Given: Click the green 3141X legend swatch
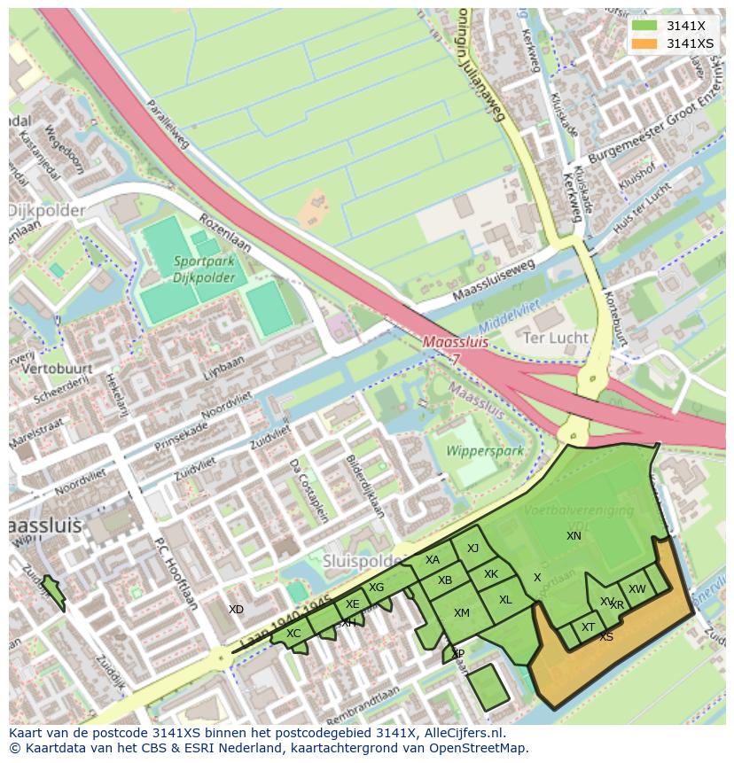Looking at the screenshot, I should click(x=644, y=26).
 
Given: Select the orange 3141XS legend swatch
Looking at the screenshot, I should click(x=644, y=43).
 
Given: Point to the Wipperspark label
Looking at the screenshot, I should click(x=485, y=450).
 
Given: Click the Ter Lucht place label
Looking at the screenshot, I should click(x=556, y=338).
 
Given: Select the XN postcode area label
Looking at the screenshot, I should click(x=574, y=536).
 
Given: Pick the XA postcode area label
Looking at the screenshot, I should click(x=432, y=560).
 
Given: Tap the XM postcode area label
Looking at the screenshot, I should click(x=461, y=613).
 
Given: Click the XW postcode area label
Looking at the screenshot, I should click(x=636, y=589).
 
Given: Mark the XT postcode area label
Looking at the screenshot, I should click(x=588, y=627).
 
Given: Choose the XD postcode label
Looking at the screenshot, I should click(x=236, y=610).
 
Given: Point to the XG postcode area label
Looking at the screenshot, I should click(x=377, y=588).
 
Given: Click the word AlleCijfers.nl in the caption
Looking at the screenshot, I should click(x=465, y=733).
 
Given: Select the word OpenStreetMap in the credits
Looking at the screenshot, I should click(x=481, y=748).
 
